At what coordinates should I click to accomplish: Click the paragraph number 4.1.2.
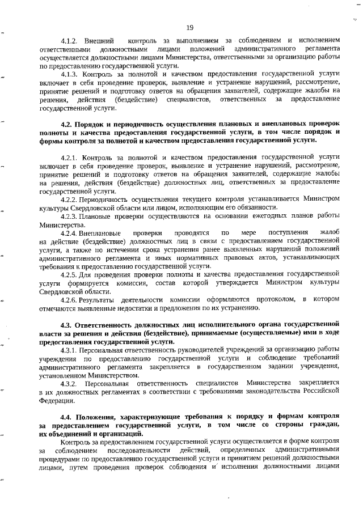pyautogui.click(x=71, y=41)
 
